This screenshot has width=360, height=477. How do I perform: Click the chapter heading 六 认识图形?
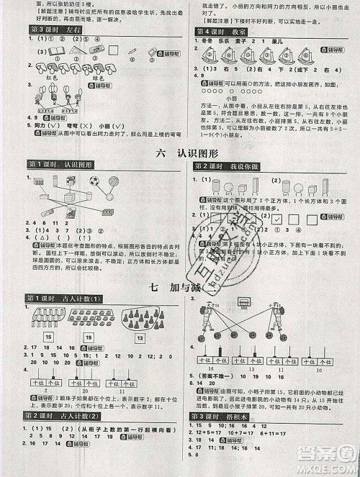click(180, 153)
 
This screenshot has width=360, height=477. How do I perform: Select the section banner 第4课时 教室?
click(222, 32)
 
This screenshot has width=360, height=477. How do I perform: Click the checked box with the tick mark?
click(274, 217)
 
